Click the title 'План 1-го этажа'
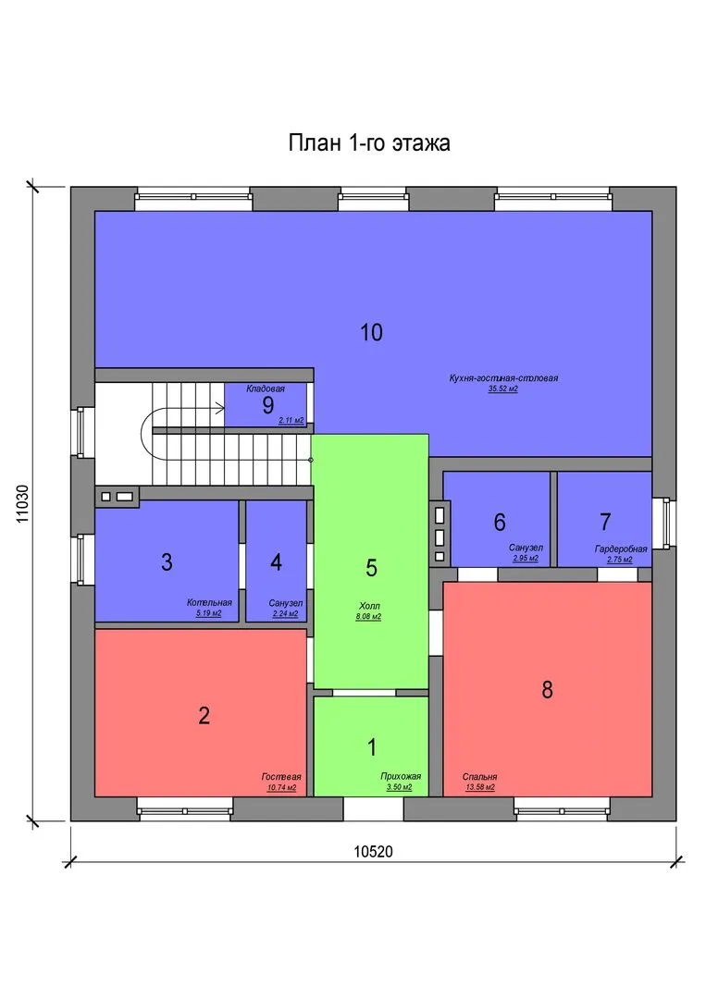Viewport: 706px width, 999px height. click(x=369, y=142)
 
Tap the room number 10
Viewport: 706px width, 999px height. click(x=371, y=332)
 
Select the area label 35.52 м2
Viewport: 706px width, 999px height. click(x=502, y=388)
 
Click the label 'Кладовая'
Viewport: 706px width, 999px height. click(x=266, y=388)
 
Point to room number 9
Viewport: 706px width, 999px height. click(x=268, y=405)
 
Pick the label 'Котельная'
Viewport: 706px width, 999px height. click(x=209, y=602)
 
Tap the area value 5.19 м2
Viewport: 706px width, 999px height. click(x=208, y=613)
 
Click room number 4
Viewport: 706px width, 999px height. click(x=276, y=562)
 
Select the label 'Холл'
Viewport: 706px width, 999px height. click(x=369, y=606)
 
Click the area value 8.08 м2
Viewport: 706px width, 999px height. click(x=368, y=617)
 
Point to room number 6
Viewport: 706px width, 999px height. click(x=500, y=523)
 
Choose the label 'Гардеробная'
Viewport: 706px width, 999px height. click(x=621, y=549)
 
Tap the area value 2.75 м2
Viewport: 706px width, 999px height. click(x=619, y=560)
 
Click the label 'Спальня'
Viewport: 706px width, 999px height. click(x=480, y=777)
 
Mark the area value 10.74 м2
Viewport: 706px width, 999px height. click(x=281, y=787)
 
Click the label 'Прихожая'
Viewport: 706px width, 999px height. click(x=401, y=776)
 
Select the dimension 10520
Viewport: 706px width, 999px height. click(x=374, y=851)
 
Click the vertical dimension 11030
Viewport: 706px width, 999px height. click(x=22, y=504)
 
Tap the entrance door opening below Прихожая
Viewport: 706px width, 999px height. click(x=374, y=808)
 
